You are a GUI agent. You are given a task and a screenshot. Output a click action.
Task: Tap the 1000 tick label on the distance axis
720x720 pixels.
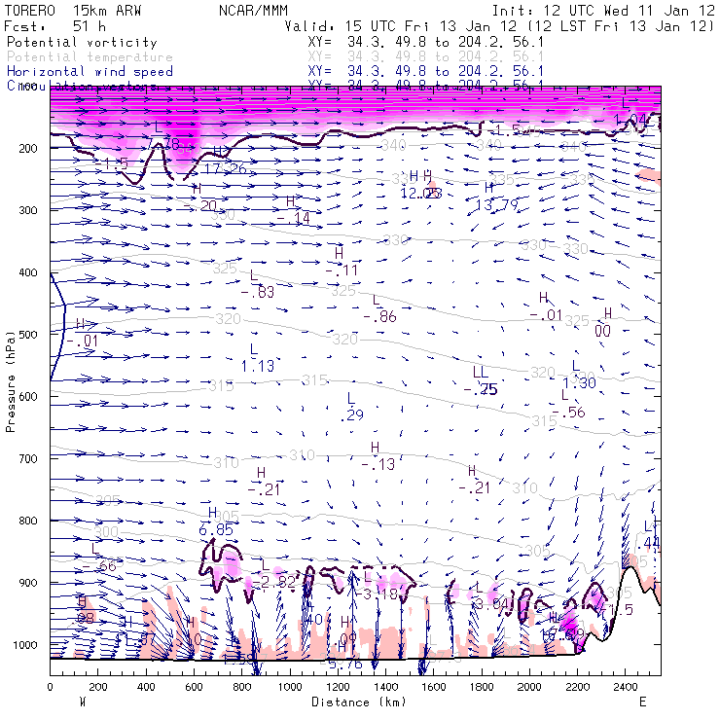(290, 687)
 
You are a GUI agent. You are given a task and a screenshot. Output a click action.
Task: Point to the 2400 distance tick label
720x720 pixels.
(625, 687)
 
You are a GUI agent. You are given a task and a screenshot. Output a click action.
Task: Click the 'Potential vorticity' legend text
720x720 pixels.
(82, 43)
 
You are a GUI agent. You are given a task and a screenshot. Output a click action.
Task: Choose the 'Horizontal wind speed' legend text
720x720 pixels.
(90, 71)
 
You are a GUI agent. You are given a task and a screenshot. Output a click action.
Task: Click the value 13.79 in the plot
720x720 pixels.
(497, 205)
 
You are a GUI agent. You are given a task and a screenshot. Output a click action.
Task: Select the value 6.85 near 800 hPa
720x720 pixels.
(216, 529)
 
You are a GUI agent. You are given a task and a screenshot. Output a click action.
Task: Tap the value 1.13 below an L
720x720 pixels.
(258, 365)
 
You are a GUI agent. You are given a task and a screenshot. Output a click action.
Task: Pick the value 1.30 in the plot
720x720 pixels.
(579, 382)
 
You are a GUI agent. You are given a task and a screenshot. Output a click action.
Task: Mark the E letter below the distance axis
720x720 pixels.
(642, 702)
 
